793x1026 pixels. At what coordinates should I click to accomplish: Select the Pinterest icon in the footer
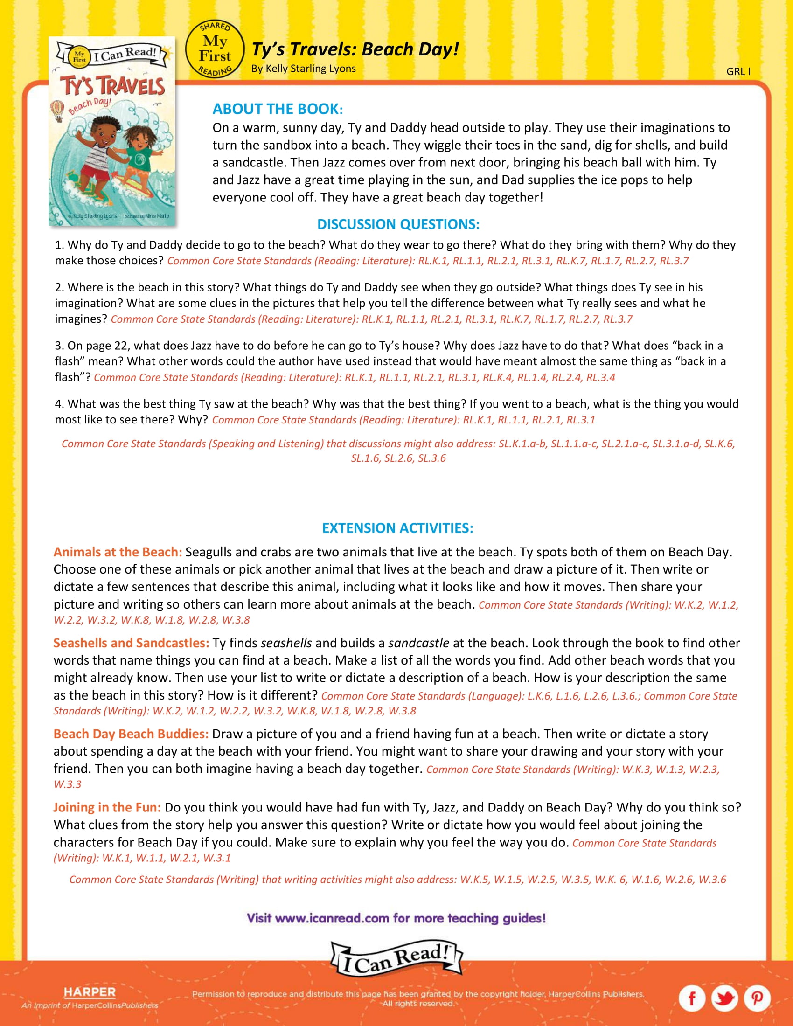(x=757, y=997)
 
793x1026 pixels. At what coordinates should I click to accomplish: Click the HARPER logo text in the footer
(x=89, y=991)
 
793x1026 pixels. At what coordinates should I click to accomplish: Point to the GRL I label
(x=738, y=71)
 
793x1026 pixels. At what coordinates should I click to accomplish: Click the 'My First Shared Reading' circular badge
(x=215, y=49)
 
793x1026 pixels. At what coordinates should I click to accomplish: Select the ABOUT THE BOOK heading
(x=278, y=109)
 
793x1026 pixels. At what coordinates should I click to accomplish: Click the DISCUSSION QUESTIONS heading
(x=398, y=224)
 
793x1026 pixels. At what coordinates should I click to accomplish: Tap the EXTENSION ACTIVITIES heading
(x=397, y=528)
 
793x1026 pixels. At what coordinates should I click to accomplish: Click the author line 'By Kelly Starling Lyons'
(x=304, y=69)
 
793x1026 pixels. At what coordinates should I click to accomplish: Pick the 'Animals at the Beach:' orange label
(x=118, y=552)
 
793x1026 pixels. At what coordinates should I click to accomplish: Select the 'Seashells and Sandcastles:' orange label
(x=131, y=643)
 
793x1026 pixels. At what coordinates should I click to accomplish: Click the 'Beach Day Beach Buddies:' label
(x=131, y=734)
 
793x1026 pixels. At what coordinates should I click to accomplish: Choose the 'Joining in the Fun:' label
(x=107, y=807)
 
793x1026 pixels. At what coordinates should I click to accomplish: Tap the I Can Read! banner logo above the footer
(x=397, y=958)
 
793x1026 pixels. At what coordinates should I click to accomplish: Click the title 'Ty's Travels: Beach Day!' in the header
(x=355, y=49)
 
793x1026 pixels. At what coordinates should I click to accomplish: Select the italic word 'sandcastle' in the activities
(x=418, y=643)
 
